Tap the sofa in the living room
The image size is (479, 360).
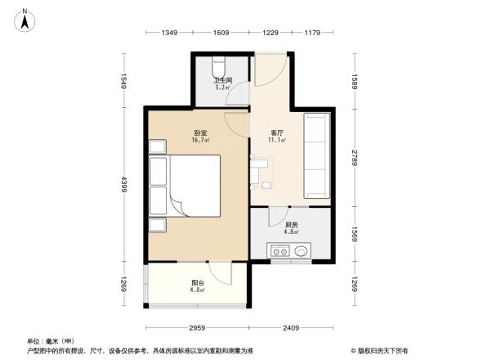316,156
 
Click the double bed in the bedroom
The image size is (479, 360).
186,187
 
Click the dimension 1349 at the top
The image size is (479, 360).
169,32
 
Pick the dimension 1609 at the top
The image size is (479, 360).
221,32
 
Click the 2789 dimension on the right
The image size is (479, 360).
356,155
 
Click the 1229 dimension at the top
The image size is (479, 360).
271,32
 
